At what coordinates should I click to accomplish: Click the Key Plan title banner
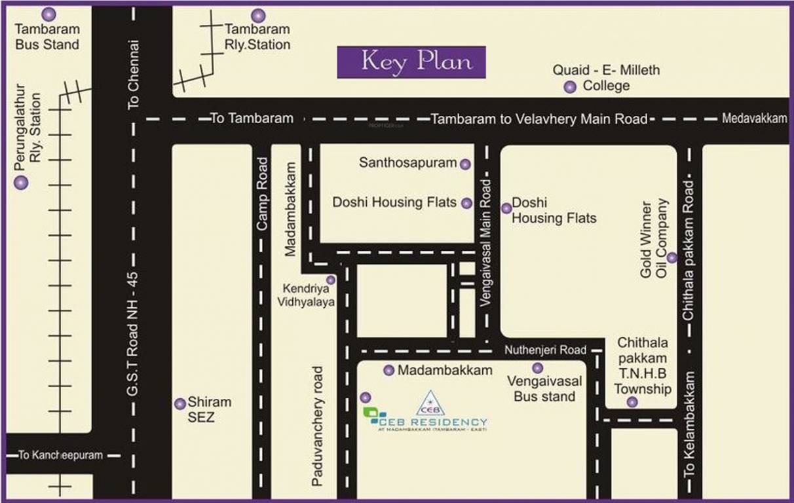[411, 62]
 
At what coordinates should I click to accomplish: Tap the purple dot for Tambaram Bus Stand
[48, 14]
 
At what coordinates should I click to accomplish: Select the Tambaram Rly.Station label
[257, 37]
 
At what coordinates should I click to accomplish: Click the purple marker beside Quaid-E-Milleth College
[570, 86]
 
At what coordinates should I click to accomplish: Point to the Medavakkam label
[754, 119]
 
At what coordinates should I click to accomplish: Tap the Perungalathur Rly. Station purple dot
[22, 183]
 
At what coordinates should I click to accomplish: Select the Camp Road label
[262, 194]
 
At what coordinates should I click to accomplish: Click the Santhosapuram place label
[407, 162]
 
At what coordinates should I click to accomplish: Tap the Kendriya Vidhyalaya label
[309, 295]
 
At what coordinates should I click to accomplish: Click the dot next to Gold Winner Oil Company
[671, 257]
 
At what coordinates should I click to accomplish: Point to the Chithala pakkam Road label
[689, 250]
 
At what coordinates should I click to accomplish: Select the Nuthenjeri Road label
[545, 350]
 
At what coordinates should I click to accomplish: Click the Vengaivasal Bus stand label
[544, 388]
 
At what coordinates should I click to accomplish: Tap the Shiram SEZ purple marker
[180, 404]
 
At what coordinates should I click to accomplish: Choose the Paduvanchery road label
[318, 426]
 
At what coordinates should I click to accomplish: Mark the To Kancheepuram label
[60, 455]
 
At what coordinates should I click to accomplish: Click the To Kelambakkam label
[689, 433]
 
